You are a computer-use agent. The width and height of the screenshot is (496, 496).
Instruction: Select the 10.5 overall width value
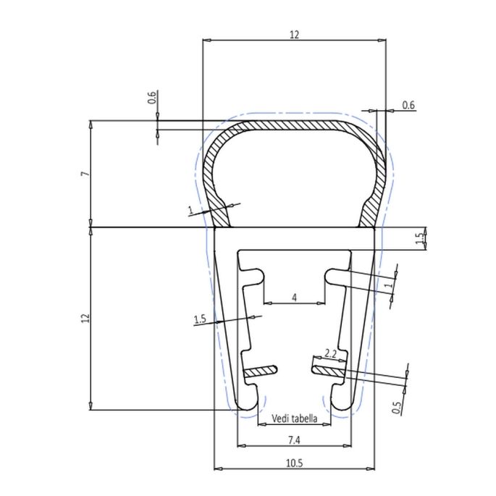pyautogui.click(x=294, y=462)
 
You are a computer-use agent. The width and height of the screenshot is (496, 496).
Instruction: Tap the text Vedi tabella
pyautogui.click(x=294, y=419)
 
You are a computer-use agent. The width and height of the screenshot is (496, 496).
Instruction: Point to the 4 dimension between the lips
pyautogui.click(x=294, y=298)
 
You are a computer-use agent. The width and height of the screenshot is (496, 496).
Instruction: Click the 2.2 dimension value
pyautogui.click(x=330, y=353)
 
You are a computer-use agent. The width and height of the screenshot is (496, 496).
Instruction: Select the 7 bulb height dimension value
pyautogui.click(x=85, y=175)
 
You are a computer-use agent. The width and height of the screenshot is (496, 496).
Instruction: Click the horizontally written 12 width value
pyautogui.click(x=293, y=34)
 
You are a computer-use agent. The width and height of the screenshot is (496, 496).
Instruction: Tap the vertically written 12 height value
pyautogui.click(x=85, y=319)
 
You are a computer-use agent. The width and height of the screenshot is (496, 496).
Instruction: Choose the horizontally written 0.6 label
pyautogui.click(x=408, y=106)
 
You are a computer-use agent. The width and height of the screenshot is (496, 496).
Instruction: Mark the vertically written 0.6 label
pyautogui.click(x=151, y=98)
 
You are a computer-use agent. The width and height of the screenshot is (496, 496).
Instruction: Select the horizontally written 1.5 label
pyautogui.click(x=201, y=319)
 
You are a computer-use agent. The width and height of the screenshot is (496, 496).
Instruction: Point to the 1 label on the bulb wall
pyautogui.click(x=190, y=211)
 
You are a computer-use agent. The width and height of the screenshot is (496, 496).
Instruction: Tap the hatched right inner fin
pyautogui.click(x=327, y=371)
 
